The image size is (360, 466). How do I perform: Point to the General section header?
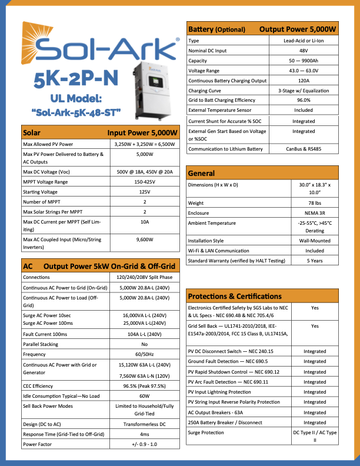[201, 174]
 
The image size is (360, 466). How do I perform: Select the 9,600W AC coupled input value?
[145, 239]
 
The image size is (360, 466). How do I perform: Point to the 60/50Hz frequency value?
[145, 355]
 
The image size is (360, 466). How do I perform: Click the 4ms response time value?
[145, 434]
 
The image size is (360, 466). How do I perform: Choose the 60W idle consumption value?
[145, 396]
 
